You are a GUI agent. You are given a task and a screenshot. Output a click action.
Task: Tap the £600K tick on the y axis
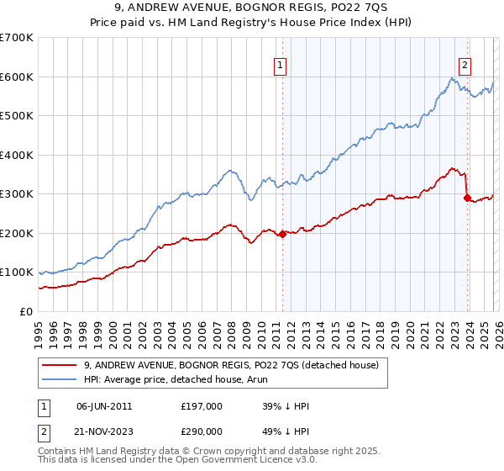pyautogui.click(x=17, y=77)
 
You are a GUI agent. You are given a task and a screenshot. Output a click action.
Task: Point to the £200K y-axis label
pyautogui.click(x=17, y=233)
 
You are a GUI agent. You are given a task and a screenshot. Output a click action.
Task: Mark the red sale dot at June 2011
pyautogui.click(x=282, y=234)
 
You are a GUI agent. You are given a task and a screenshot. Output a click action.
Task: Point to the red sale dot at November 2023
pyautogui.click(x=467, y=198)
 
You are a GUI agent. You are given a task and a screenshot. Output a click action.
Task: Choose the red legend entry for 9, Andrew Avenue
pyautogui.click(x=231, y=365)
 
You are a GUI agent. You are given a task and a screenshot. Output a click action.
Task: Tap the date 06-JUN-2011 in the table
pyautogui.click(x=104, y=406)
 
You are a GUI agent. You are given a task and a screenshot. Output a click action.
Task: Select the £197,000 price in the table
pyautogui.click(x=202, y=406)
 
